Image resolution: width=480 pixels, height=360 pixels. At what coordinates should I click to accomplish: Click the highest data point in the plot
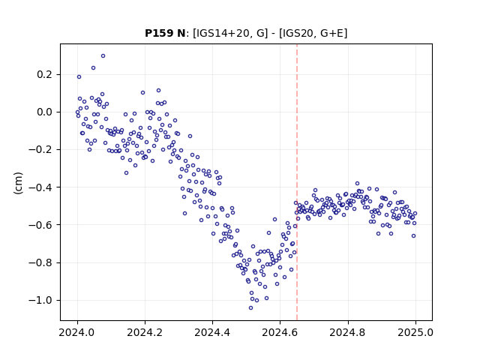coord(103,56)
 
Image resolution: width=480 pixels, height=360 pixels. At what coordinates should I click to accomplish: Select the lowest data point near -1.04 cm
coord(250,308)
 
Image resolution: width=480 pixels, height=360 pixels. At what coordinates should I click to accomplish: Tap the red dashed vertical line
coord(297,182)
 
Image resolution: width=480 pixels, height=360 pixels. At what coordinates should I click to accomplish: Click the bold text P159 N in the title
coord(165,33)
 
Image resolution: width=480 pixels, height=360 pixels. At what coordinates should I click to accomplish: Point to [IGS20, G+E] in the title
coord(313,33)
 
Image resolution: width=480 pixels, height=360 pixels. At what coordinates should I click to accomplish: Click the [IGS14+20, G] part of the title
coord(230,33)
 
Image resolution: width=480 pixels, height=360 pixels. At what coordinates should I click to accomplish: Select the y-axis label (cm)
coord(18,183)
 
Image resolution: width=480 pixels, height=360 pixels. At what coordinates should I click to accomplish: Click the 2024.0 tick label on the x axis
coord(77,332)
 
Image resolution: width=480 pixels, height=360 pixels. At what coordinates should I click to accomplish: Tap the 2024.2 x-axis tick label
coord(145,332)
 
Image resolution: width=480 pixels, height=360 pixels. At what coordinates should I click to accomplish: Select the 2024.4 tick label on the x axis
coord(212,332)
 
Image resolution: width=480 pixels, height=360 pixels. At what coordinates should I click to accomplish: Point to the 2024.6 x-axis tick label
coord(280,332)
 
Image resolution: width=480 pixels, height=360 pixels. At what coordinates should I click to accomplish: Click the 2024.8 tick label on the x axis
coord(348,332)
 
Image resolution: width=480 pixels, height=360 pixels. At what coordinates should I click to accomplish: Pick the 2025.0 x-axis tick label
coord(415,332)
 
